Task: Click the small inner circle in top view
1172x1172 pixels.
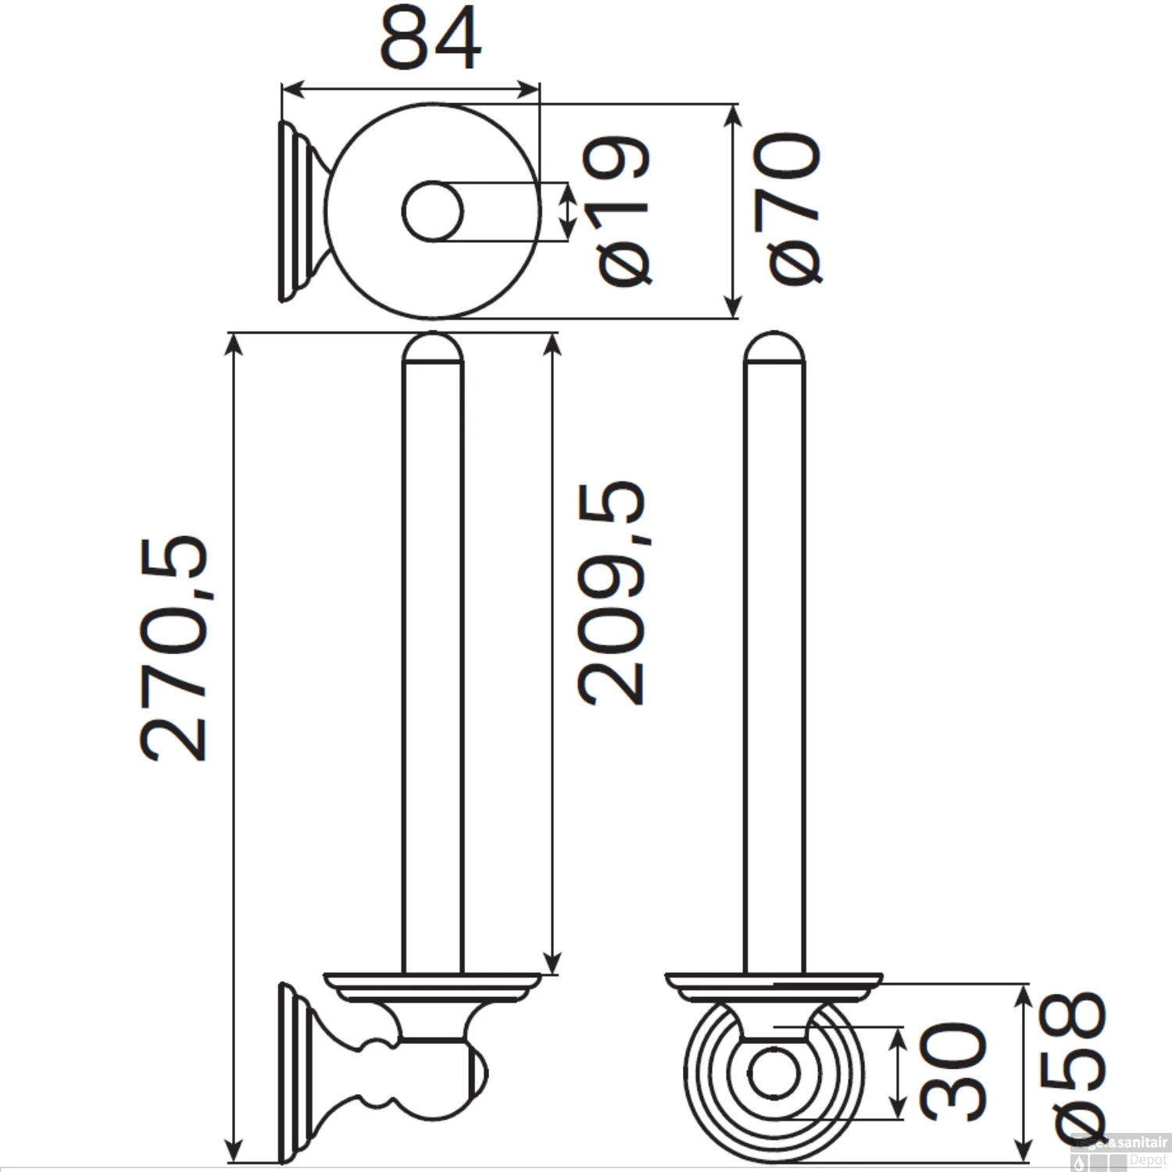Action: coord(433,211)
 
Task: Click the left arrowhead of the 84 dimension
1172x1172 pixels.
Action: coord(288,89)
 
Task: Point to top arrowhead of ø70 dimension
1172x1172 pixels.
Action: coord(732,113)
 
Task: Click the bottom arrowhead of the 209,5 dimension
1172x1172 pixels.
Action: coord(552,965)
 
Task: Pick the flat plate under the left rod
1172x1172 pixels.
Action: coord(432,981)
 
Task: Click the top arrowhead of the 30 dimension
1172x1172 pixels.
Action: coord(898,1034)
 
